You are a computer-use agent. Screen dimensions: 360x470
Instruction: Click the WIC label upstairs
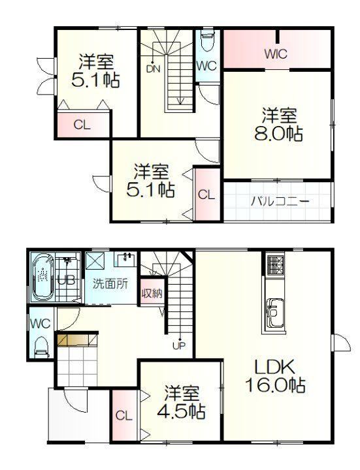point(276,54)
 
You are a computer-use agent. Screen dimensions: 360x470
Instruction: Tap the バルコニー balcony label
point(280,201)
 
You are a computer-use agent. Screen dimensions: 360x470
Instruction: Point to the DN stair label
point(153,69)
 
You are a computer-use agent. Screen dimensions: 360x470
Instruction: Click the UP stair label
point(179,346)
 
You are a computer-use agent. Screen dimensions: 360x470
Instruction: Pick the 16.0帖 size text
point(275,385)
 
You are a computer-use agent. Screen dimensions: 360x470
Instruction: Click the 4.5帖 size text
point(181,411)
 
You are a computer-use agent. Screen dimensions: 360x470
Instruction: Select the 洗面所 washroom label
point(110,283)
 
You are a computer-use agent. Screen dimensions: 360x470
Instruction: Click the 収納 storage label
point(152,293)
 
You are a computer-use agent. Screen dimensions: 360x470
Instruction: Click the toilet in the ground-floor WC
point(41,347)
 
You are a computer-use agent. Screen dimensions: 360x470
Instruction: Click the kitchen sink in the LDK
point(274,313)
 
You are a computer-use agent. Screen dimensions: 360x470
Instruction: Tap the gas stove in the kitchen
point(274,266)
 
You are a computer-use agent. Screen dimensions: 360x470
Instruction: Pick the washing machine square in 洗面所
point(95,260)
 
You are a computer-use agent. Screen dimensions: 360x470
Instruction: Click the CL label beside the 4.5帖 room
point(124,416)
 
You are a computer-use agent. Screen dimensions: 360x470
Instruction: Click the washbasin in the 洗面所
point(126,258)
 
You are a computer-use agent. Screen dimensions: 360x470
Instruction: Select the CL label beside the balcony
point(206,195)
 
